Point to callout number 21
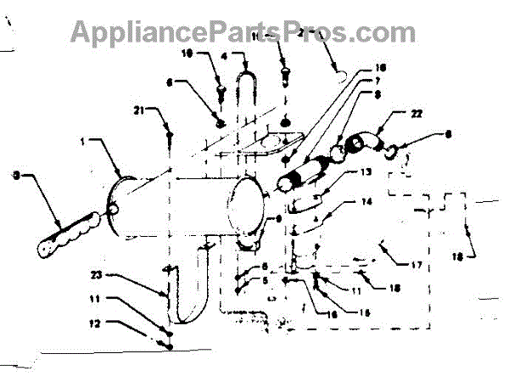click(139, 110)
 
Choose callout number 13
click(366, 171)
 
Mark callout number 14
click(366, 203)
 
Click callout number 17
click(417, 265)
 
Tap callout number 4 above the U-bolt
click(224, 57)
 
